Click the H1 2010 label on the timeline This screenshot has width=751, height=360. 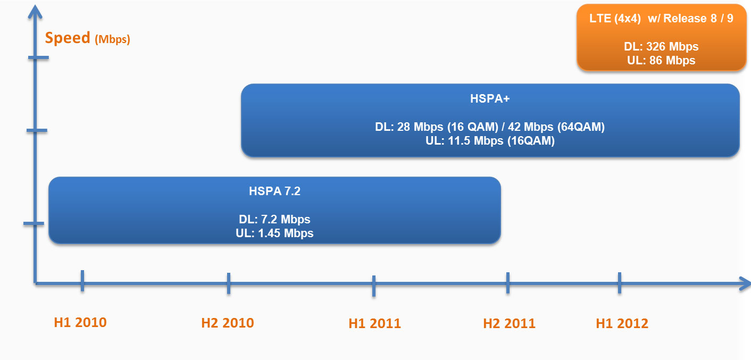pos(80,322)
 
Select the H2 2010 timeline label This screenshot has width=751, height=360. pos(228,323)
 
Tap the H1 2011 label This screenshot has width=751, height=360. pos(375,323)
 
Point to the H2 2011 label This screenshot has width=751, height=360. pos(510,323)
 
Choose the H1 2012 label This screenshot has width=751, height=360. pos(622,323)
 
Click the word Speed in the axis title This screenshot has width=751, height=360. pos(68,38)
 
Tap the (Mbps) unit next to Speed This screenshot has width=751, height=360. pos(112,39)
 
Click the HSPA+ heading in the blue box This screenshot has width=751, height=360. pos(490,98)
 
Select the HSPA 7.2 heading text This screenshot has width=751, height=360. pos(274,191)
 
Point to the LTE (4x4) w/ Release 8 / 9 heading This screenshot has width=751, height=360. pos(661,19)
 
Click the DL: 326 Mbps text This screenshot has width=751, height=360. pos(661,46)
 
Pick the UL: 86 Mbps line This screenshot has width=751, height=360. pos(661,60)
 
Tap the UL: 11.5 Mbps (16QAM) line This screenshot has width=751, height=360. pos(490,141)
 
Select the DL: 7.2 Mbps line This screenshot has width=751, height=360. pos(274,219)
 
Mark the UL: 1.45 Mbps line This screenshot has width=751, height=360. pos(274,233)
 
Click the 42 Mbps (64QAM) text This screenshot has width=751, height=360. pos(556,127)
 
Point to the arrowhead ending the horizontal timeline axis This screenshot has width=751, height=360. pos(745,284)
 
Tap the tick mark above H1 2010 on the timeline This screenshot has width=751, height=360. pos(82,281)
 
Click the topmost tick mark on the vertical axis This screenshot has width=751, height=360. pos(38,57)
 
